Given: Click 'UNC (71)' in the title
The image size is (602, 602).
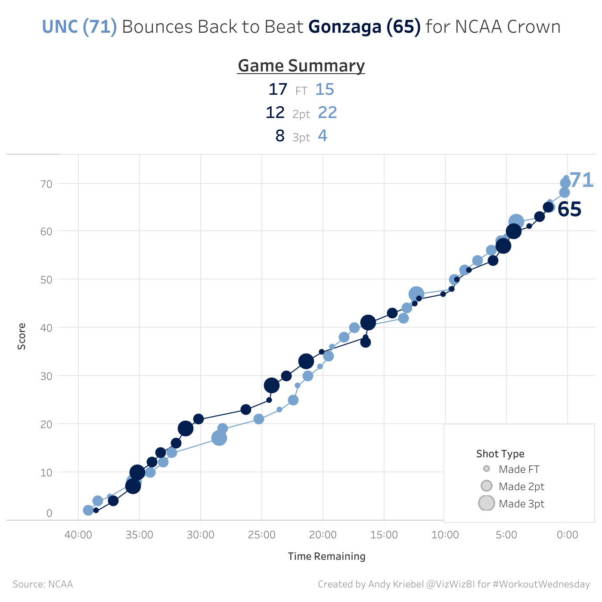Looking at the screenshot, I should click(x=79, y=27).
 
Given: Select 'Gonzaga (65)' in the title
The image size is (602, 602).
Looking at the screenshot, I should click(x=364, y=27).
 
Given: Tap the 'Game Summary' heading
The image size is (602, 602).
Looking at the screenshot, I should click(x=301, y=66).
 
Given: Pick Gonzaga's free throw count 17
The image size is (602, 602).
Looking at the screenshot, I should click(x=277, y=90).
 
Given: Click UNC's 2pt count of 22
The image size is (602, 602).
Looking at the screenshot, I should click(x=327, y=113).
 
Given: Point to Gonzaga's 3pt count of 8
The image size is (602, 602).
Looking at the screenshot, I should click(x=280, y=136).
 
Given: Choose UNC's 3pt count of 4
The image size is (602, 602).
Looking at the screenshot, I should click(x=323, y=136).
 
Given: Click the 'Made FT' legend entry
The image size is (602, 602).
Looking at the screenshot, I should click(x=518, y=469).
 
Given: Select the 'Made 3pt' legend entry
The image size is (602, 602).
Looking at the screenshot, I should click(x=521, y=504).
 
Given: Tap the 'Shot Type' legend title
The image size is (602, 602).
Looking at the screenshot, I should click(x=500, y=454).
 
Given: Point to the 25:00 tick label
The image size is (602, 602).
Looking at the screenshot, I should click(x=262, y=535).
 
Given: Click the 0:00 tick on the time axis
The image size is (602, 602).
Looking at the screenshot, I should click(x=567, y=535).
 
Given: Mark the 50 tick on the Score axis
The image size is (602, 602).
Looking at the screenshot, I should click(x=46, y=280).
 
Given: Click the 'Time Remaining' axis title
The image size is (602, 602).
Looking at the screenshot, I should click(x=326, y=556).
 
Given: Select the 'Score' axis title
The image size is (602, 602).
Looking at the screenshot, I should click(x=22, y=336).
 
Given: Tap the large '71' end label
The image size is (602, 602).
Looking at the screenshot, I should click(x=581, y=180).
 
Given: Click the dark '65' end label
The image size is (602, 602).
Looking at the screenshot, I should click(x=569, y=210).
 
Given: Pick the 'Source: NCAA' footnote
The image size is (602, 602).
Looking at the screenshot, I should click(x=43, y=584).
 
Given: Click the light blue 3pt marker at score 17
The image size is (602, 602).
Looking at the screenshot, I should click(x=219, y=438).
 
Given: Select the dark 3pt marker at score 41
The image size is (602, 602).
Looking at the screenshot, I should click(x=368, y=322).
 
